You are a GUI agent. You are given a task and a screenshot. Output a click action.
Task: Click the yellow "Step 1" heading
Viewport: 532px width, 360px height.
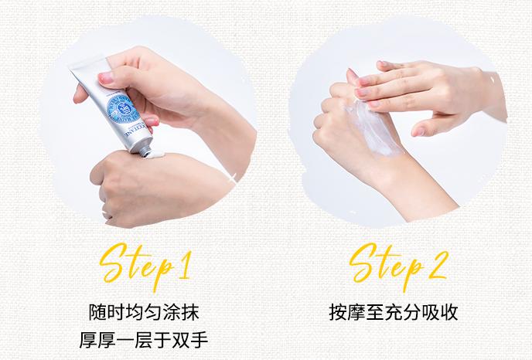coord(145,266)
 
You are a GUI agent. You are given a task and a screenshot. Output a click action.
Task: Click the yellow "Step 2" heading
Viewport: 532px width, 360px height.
coord(399,266)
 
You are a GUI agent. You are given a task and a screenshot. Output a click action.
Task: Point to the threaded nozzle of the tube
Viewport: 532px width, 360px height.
coord(143,149)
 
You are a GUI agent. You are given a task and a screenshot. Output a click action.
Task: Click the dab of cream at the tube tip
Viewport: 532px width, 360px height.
coord(155,155)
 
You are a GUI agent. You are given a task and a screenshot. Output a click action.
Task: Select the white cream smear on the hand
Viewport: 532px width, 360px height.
coord(373,129)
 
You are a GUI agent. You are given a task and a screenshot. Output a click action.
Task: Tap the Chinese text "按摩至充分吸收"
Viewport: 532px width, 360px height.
coord(394,312)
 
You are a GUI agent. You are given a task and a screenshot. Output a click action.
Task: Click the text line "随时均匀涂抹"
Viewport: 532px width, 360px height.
coord(144,312)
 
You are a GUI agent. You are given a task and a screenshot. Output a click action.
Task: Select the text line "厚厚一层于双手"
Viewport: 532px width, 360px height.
coord(144,340)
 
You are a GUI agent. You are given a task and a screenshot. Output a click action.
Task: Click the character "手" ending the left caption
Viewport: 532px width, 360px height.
coord(199,340)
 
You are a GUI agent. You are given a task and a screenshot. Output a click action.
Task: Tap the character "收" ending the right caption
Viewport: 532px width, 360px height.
coord(448,312)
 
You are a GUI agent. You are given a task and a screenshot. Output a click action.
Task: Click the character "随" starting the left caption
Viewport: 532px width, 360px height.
coord(97,312)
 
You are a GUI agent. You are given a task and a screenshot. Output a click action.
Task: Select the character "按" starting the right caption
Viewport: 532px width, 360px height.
coord(338,312)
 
